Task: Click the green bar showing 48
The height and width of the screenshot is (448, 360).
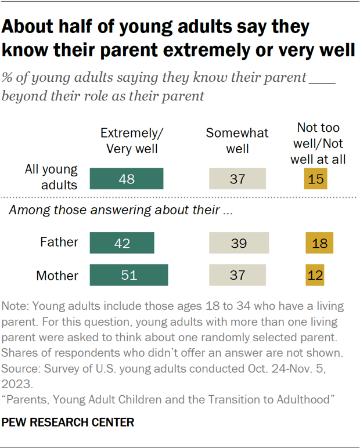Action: coord(126,179)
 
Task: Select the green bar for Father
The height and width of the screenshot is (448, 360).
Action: coord(122,243)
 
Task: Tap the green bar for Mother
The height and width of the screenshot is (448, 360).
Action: coord(128,275)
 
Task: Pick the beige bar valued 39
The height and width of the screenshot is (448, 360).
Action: coord(239,243)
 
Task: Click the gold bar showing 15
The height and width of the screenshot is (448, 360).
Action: coord(316,179)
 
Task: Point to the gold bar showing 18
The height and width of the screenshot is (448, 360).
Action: coord(319,243)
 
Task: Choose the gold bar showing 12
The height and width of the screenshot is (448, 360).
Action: coord(314,275)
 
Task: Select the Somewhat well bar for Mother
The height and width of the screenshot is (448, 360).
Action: coord(237,275)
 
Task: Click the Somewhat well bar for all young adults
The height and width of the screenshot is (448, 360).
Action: coord(237,179)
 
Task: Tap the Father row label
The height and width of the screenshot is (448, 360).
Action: coord(58,243)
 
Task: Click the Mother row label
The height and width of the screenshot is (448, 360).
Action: coord(57,275)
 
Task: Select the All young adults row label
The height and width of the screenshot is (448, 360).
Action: coord(51,178)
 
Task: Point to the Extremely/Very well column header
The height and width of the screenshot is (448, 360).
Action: coord(132,141)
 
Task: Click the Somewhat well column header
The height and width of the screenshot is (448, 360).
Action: coord(237,141)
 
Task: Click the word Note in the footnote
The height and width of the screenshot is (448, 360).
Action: coord(15,305)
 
